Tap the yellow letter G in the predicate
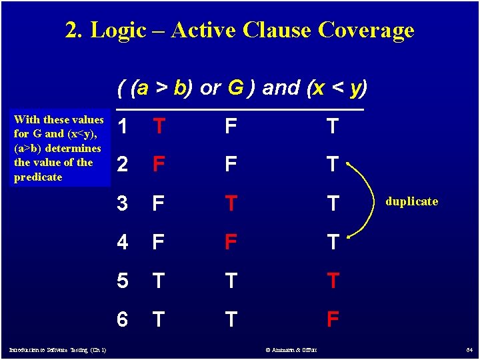coord(235,88)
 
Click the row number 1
coord(122,125)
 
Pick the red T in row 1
coord(159,125)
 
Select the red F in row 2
coord(159,163)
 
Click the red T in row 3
coord(231,203)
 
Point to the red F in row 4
coord(231,241)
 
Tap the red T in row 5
coord(331,281)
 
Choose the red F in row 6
coord(331,320)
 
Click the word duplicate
coord(411,201)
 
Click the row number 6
coord(122,320)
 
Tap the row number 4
coord(122,241)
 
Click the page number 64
coord(469,350)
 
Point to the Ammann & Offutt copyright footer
coord(291,350)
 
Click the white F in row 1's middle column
coord(231,125)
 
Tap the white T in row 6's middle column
coord(231,320)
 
